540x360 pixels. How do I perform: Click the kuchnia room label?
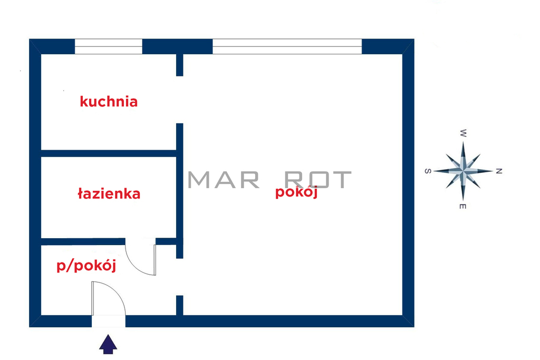[x=109, y=102]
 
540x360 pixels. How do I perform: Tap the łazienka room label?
[x=109, y=193]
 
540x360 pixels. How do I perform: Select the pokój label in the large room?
[x=296, y=192]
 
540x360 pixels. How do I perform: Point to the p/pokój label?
[x=86, y=266]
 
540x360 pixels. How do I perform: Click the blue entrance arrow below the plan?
[x=108, y=344]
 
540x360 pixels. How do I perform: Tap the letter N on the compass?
[x=499, y=171]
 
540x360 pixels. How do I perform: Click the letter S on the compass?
[x=428, y=171]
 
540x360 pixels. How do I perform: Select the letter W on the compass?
[x=463, y=133]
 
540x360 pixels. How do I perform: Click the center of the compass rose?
[x=463, y=171]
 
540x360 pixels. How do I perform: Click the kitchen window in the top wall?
[x=109, y=46]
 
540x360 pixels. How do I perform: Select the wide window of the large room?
[x=287, y=46]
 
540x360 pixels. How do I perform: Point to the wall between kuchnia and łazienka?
[x=109, y=153]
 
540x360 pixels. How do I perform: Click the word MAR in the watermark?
[x=224, y=180]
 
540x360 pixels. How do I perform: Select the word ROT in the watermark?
[x=317, y=180]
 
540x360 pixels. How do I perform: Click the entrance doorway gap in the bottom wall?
[x=109, y=321]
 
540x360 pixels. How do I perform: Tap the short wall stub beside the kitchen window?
[x=179, y=65]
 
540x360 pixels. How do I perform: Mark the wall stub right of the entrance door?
[x=179, y=305]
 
